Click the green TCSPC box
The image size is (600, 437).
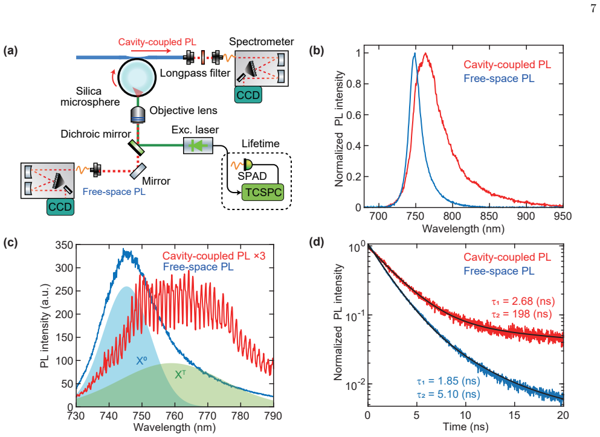263,192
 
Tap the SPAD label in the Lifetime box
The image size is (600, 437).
252,176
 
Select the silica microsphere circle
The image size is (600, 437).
137,77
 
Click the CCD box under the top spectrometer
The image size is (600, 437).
248,95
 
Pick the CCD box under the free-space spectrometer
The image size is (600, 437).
60,207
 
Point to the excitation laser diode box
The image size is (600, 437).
198,145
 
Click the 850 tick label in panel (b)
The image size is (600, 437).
489,216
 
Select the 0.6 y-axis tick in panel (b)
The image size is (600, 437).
353,115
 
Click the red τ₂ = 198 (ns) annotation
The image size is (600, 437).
521,314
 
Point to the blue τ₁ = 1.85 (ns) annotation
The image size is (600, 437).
448,381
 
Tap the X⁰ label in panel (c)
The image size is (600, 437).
141,360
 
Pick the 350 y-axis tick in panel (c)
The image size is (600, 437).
64,245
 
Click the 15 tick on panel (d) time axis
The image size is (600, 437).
514,415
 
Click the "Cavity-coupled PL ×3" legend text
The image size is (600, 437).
213,256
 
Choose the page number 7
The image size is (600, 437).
593,8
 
